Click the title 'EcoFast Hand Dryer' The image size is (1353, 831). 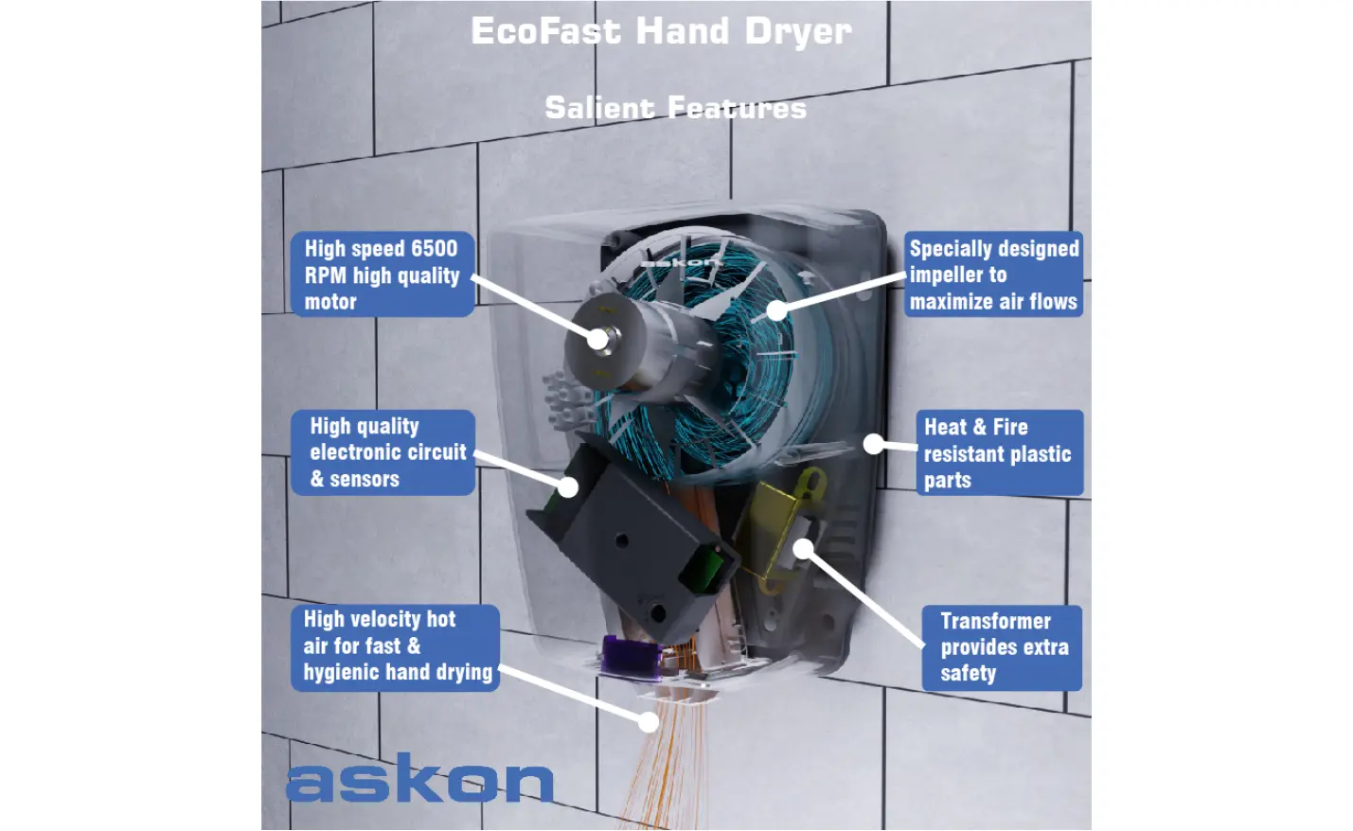coord(661,31)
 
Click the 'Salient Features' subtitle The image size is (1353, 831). coord(675,108)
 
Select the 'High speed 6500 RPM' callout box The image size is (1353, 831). coord(383,274)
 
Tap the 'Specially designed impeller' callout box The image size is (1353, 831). coord(993,274)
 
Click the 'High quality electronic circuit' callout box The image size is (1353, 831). coord(383,452)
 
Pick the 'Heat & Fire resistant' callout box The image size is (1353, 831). coord(999,452)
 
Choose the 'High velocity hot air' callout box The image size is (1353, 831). coord(395,647)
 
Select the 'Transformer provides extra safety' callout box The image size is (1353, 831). coord(1002,647)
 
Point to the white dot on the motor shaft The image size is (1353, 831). coord(597,338)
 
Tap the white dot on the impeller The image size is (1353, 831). coord(776,309)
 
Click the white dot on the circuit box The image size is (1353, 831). coord(568,486)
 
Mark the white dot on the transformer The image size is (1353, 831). coord(803,548)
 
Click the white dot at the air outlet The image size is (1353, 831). coord(649,722)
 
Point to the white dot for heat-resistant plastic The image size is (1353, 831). coord(873,443)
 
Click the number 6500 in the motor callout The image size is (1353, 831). coord(434,249)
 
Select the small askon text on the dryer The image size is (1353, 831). coord(680,262)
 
